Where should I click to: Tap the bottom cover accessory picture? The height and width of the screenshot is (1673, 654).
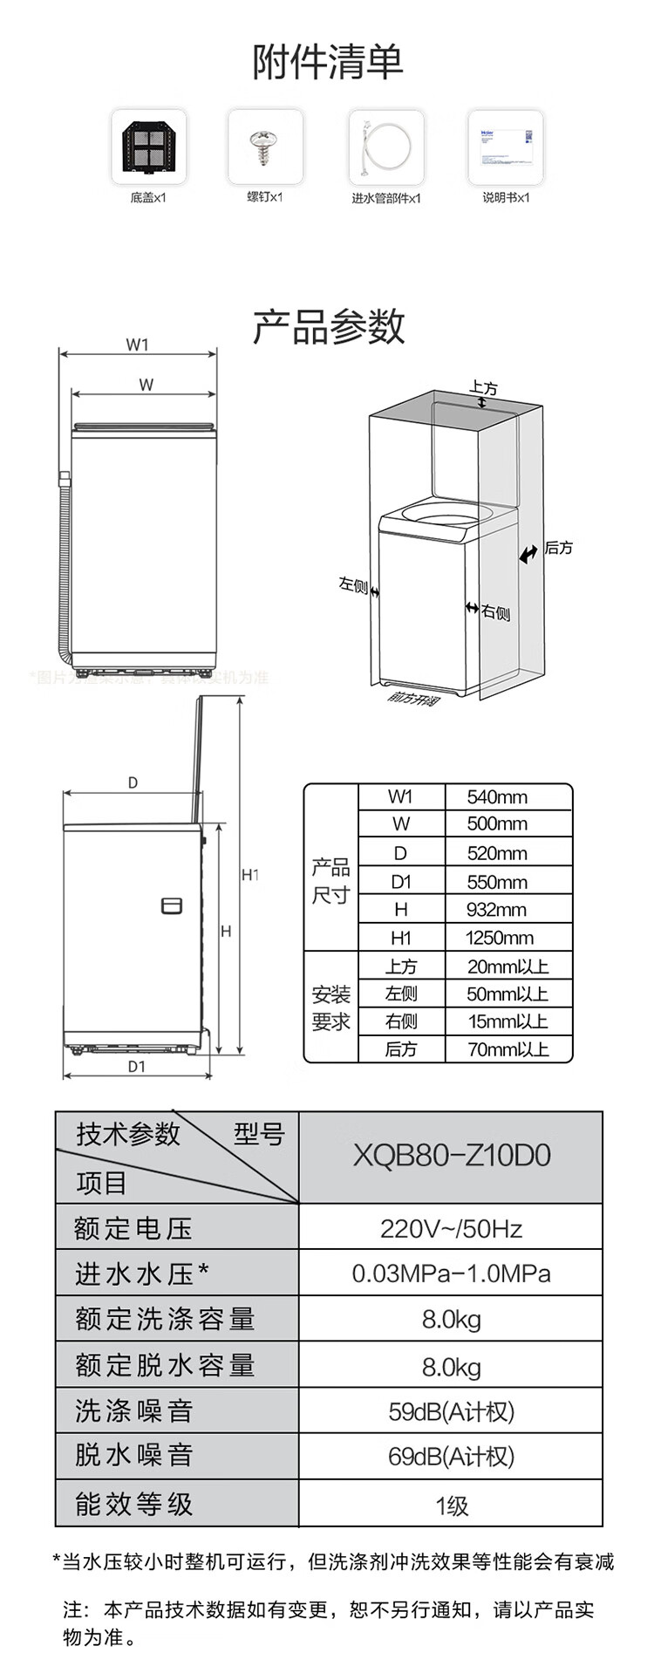[148, 146]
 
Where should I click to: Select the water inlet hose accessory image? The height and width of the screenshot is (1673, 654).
[386, 146]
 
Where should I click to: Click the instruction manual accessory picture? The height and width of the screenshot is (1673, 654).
[506, 146]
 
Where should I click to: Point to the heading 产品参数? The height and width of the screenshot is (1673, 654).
[329, 326]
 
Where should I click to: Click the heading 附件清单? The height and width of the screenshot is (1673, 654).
[329, 62]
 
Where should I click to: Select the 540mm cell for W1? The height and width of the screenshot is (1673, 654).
[497, 796]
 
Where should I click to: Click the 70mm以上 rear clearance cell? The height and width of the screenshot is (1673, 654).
[508, 1049]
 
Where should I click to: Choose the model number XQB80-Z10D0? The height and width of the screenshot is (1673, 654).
[451, 1156]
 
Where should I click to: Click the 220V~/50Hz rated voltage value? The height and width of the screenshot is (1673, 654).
[451, 1229]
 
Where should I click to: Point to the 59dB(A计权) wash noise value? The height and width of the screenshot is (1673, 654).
[451, 1411]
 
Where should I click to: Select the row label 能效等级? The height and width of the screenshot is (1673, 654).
[133, 1503]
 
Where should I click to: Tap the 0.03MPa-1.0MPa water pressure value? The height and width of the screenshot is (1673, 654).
[451, 1274]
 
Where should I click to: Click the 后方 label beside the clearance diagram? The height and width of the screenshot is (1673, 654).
[559, 548]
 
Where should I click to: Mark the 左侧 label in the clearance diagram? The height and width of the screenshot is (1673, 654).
[352, 584]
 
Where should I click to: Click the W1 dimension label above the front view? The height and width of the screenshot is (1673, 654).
[137, 345]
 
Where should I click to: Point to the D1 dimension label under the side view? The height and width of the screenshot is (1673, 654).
[137, 1066]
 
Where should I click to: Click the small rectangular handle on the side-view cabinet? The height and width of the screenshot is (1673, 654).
[172, 905]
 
